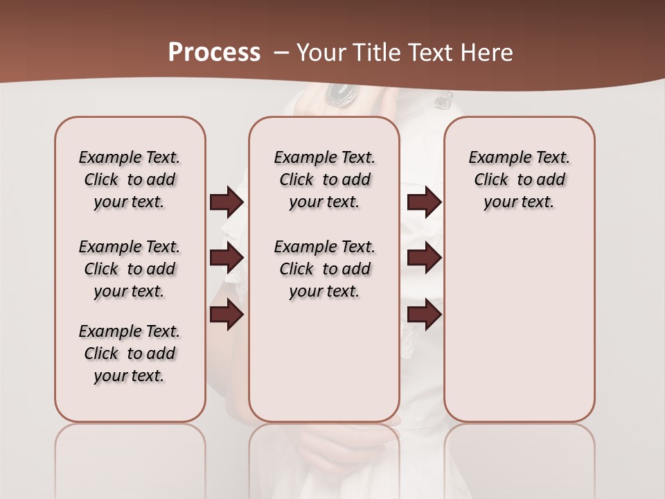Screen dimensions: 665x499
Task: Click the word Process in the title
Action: click(214, 53)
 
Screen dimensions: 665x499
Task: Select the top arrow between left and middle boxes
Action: click(227, 202)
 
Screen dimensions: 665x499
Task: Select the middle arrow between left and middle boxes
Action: click(227, 259)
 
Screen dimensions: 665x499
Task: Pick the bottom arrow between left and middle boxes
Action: click(227, 315)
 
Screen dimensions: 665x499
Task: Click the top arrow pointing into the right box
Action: click(424, 202)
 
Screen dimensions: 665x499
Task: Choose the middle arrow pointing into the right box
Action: click(424, 259)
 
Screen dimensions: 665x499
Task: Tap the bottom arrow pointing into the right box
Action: click(424, 315)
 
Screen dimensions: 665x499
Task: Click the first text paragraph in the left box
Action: click(130, 180)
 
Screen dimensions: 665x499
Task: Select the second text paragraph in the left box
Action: click(130, 269)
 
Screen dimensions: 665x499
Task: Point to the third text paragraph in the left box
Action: click(130, 353)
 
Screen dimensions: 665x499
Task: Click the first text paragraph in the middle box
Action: click(324, 180)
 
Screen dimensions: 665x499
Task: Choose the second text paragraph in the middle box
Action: click(324, 269)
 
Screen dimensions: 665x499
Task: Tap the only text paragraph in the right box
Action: click(519, 180)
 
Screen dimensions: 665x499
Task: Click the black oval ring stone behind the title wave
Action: click(341, 93)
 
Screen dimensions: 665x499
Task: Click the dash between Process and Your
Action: click(281, 53)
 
